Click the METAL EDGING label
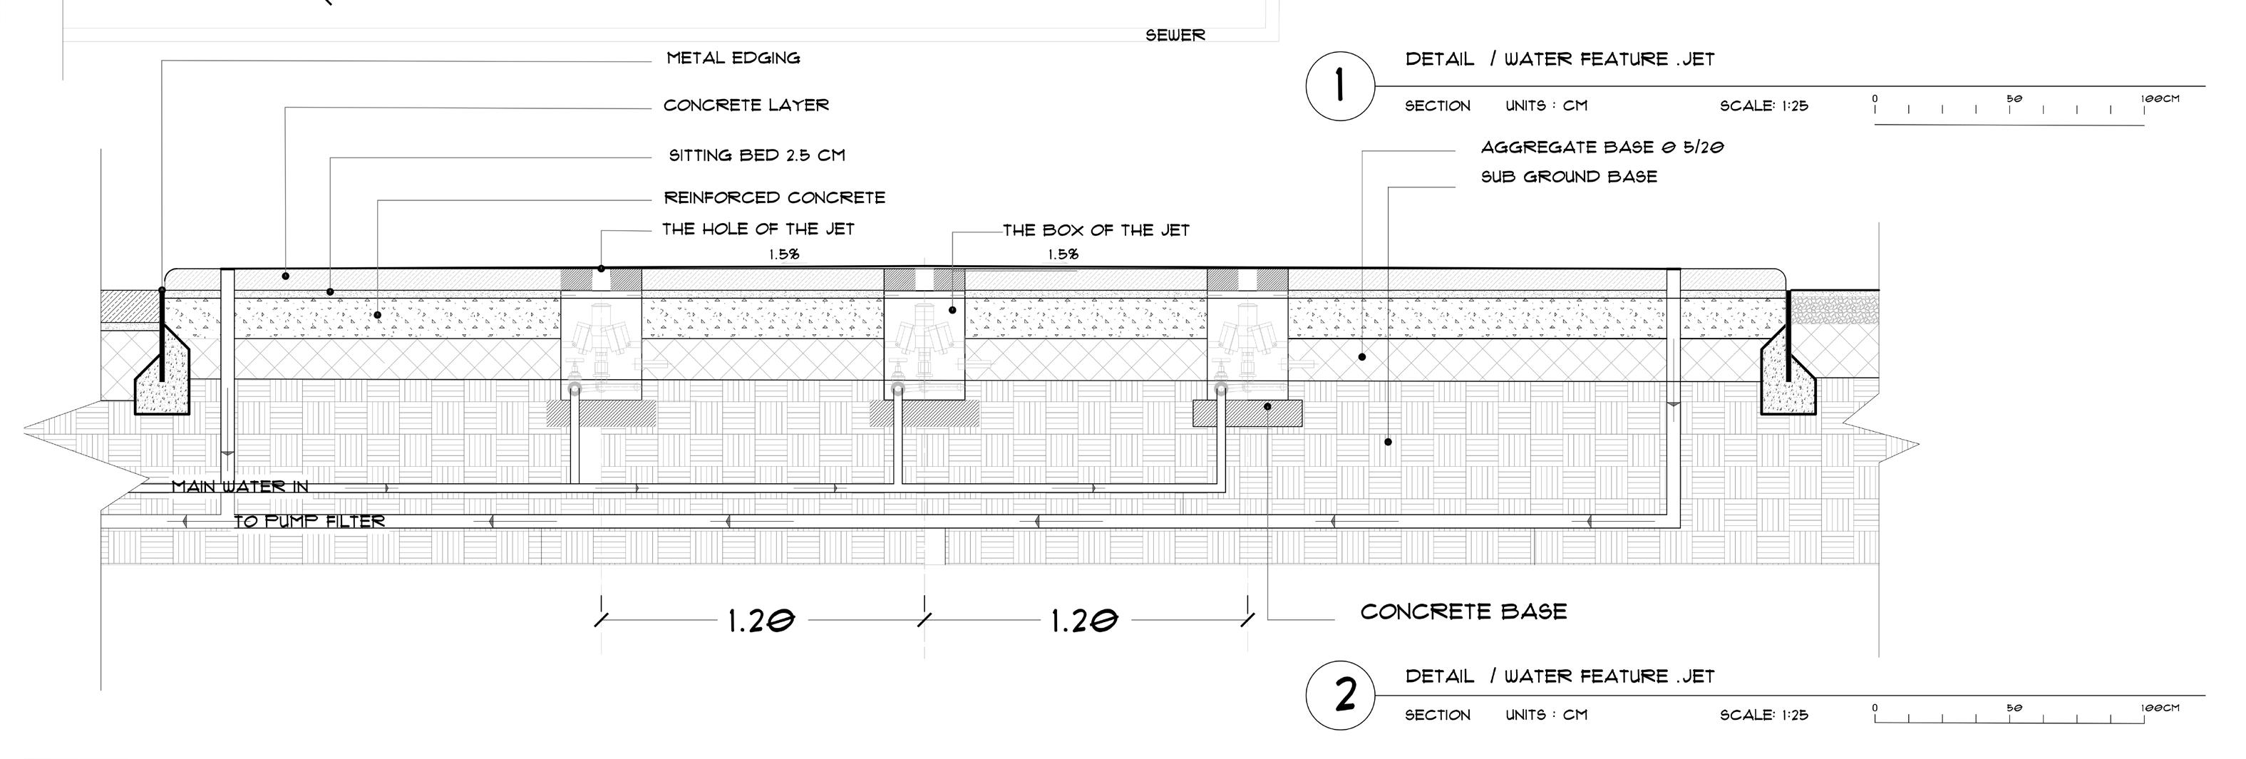(x=733, y=58)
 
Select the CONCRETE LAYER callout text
(x=746, y=105)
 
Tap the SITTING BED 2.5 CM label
(x=757, y=155)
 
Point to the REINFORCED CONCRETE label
(x=774, y=198)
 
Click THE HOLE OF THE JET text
(x=758, y=229)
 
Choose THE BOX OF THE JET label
(x=1096, y=231)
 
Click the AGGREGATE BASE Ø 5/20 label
(x=1602, y=148)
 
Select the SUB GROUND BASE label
(x=1569, y=177)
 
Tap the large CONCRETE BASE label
(x=1463, y=611)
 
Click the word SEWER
(x=1175, y=36)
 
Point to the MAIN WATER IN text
(x=239, y=486)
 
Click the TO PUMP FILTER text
(x=309, y=521)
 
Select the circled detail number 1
(x=1339, y=87)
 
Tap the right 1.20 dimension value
(x=1083, y=621)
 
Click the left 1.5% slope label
(x=784, y=254)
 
